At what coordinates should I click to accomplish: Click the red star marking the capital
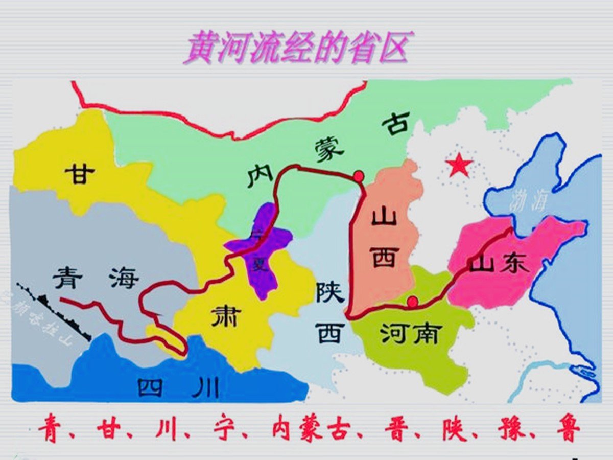(x=459, y=166)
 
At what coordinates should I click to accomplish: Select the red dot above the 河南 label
(x=413, y=302)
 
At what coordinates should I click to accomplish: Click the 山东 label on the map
(x=500, y=263)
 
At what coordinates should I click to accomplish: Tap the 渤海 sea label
(x=527, y=202)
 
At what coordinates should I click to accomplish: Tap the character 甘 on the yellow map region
(x=80, y=174)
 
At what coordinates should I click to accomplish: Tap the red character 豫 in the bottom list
(x=512, y=431)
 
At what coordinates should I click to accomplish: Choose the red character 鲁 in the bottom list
(x=568, y=431)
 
